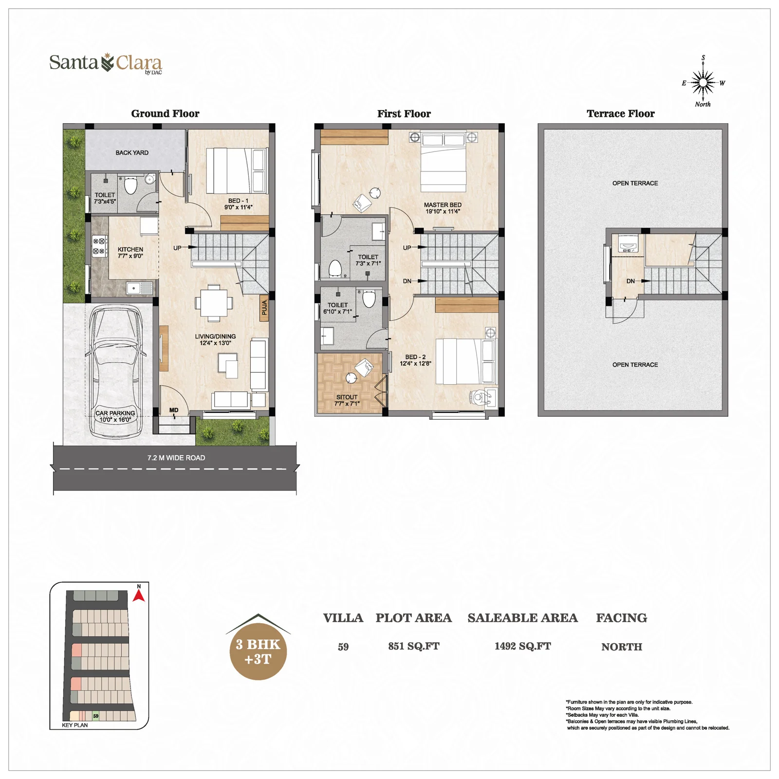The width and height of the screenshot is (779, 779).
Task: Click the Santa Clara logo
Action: (106, 64)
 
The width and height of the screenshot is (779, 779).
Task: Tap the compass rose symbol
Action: (703, 82)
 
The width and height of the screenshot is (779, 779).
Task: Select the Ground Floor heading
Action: (165, 114)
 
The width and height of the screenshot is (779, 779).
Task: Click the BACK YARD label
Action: (132, 153)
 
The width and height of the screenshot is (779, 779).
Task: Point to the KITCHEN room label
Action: (130, 249)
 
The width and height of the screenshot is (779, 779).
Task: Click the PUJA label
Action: (264, 307)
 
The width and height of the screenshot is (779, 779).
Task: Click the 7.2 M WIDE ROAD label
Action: (176, 458)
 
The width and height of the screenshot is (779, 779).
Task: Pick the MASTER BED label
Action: (443, 205)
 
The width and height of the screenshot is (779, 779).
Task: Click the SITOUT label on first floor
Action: (347, 397)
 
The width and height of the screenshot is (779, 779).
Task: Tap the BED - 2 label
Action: (415, 357)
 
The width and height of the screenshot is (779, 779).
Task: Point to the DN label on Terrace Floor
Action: (631, 281)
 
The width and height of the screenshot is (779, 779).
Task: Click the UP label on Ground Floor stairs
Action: (177, 248)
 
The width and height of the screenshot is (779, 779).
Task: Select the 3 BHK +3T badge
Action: (258, 651)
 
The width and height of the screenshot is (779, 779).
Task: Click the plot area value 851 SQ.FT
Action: (414, 646)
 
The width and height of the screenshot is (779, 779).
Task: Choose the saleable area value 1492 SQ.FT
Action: (523, 646)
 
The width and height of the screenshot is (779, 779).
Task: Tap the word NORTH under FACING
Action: (622, 647)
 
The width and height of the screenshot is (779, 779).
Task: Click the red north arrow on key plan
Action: (139, 595)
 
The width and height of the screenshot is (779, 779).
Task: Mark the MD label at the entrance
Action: (174, 410)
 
